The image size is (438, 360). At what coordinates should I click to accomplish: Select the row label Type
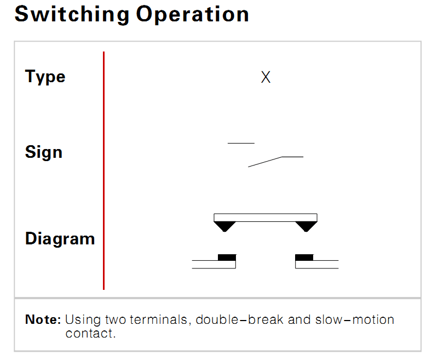pos(45,77)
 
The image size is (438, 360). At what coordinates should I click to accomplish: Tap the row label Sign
pos(44,152)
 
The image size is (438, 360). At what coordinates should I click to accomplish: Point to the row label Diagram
pos(60,239)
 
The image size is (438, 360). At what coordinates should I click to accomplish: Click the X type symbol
pos(266,77)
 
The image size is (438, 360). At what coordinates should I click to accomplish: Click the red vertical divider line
pos(103,170)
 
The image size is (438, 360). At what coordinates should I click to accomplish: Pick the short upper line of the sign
pos(241,143)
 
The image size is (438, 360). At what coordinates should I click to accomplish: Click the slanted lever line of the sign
pos(265,162)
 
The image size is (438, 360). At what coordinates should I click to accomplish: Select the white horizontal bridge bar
pos(266,218)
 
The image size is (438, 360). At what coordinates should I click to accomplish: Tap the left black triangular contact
pos(224,226)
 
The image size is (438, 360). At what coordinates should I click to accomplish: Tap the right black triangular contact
pos(306,226)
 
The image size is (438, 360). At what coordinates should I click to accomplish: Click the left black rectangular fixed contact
pos(227,258)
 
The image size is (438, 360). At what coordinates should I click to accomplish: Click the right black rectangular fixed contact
pos(304,258)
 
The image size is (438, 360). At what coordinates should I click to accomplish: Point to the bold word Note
pos(43,319)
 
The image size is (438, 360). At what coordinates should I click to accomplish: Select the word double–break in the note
pos(240,319)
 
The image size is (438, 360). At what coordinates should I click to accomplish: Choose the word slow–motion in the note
pos(355,319)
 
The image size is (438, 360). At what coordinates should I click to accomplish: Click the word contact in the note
pos(90,334)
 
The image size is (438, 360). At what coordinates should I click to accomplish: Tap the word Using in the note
pos(83,320)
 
